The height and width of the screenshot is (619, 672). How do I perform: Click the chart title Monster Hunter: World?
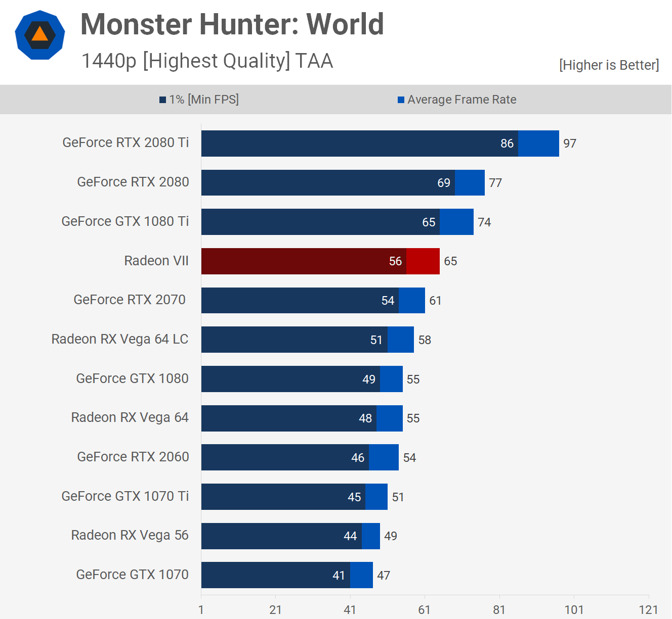232,24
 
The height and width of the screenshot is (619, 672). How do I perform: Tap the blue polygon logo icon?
40,35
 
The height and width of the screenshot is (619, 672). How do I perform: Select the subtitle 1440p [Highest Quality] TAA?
207,61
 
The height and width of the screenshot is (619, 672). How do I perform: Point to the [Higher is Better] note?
609,65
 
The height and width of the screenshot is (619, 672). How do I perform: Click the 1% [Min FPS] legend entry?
199,100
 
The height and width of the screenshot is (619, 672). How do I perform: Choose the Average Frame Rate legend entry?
457,100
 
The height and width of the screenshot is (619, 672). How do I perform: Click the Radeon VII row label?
156,261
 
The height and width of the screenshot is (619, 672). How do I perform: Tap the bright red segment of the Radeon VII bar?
423,261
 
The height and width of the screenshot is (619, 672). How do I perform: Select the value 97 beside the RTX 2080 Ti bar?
570,144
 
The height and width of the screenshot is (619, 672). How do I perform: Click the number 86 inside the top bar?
507,144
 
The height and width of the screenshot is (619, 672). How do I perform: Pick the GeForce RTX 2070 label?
130,300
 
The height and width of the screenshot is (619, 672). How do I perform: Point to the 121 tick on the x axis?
648,610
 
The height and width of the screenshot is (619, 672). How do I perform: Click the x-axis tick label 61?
425,610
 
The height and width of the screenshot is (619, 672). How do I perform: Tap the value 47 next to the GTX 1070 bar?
384,576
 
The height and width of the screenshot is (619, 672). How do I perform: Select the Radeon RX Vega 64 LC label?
120,339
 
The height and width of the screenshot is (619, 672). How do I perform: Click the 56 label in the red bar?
395,261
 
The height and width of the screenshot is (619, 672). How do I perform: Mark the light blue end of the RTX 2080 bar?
470,182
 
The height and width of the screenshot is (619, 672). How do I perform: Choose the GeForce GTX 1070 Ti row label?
125,496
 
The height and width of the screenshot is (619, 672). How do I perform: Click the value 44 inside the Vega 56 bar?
350,536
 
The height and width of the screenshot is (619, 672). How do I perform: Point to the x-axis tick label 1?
201,610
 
